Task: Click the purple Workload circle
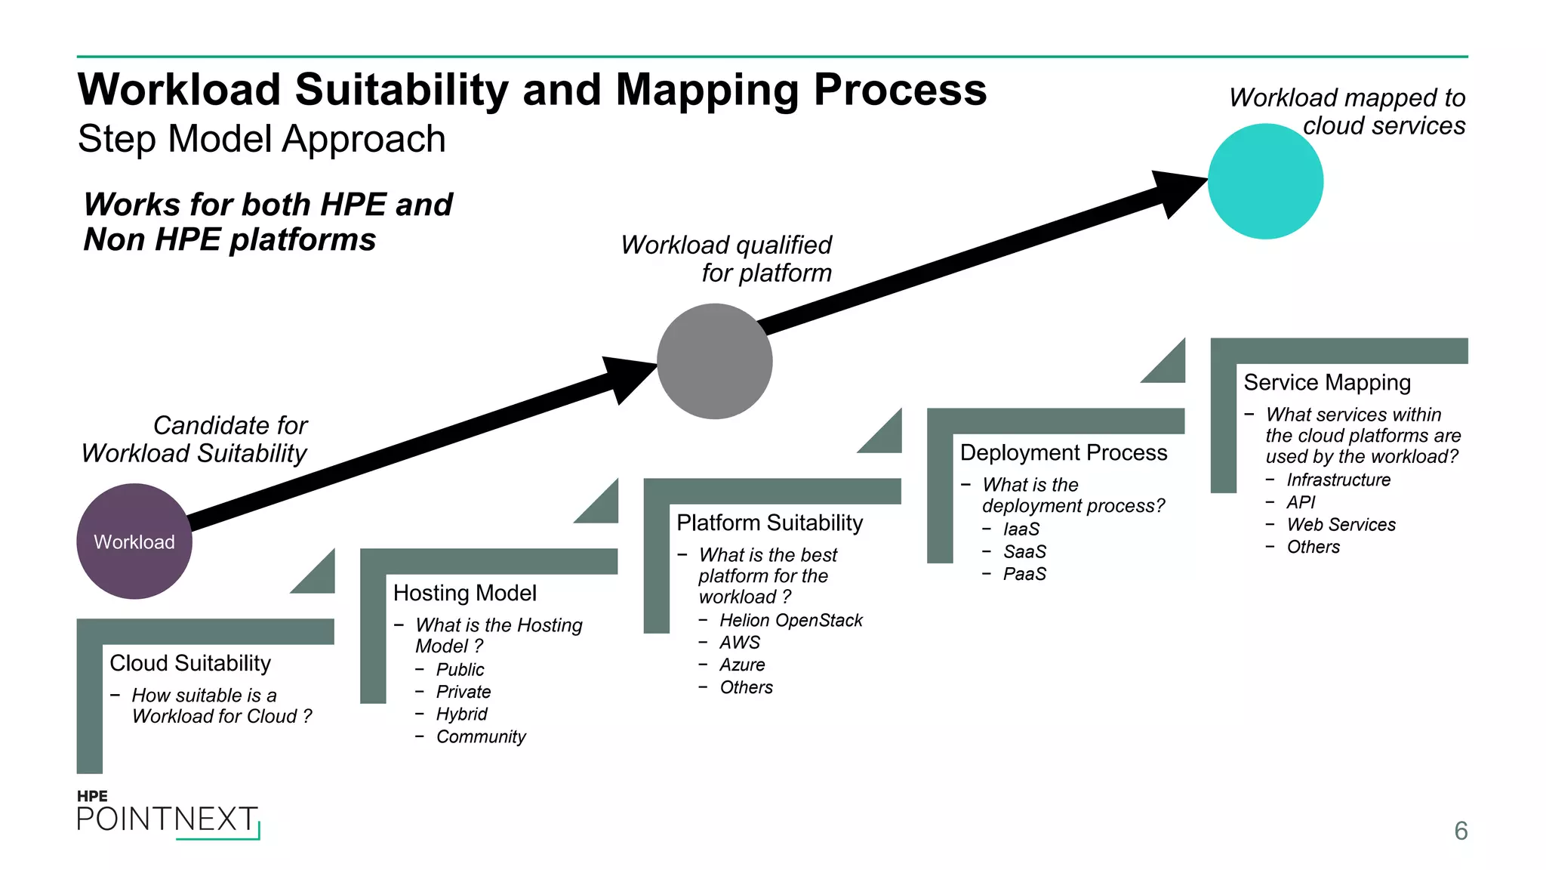pos(134,541)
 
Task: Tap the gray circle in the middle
pos(714,361)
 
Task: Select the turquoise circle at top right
pos(1265,181)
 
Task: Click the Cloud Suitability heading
pos(190,663)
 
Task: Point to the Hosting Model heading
pos(464,593)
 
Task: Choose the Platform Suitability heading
pos(769,523)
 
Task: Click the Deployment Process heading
pos(1063,452)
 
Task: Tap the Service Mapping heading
pos(1326,382)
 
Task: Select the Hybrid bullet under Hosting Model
pos(461,714)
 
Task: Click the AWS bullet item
pos(739,643)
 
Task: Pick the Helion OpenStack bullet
pos(790,620)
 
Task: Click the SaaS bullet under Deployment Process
pos(1024,551)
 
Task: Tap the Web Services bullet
pos(1341,524)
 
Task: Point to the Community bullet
pos(481,736)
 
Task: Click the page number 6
pos(1461,831)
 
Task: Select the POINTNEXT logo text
pos(167,819)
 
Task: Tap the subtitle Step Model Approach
pos(261,139)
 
